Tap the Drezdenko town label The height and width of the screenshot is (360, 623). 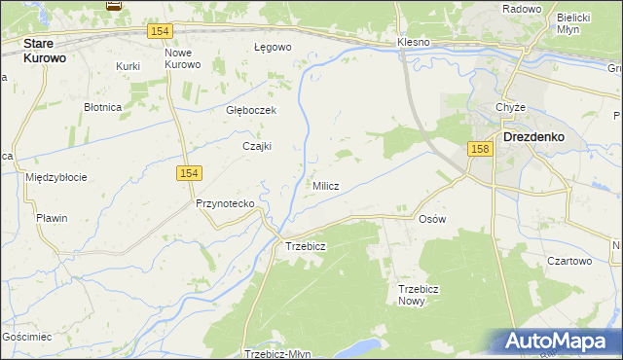(x=533, y=137)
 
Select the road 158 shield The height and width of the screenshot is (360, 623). (x=478, y=149)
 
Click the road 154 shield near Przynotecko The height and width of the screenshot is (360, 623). (x=189, y=172)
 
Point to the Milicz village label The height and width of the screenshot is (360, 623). (x=325, y=186)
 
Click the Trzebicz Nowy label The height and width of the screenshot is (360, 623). (x=422, y=295)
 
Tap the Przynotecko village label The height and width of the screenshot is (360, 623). (x=225, y=203)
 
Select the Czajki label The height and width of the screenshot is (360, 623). (x=257, y=146)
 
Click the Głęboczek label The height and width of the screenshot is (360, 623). (x=251, y=110)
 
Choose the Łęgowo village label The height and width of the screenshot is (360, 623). (x=273, y=47)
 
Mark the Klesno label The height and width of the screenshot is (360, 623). (x=414, y=43)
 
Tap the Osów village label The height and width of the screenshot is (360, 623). (x=431, y=219)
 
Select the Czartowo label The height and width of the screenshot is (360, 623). (x=569, y=261)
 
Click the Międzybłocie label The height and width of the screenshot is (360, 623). (x=56, y=177)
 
